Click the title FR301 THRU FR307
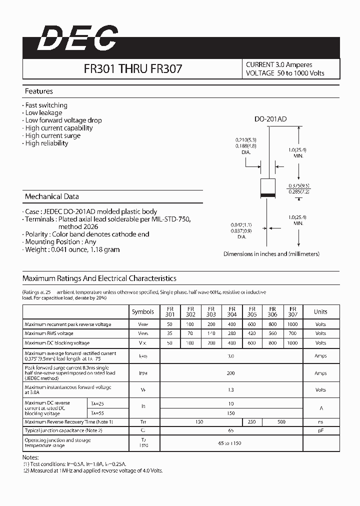133,69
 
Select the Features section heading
39,91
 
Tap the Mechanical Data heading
51,196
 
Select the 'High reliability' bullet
46,143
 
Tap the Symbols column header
143,312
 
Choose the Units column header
320,312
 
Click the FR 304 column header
232,312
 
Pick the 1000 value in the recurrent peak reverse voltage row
293,324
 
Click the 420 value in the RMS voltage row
251,333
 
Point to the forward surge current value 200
231,373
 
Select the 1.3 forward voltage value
231,390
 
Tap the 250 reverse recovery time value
251,422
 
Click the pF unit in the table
320,430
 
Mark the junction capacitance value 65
231,430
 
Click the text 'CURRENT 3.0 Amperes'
279,65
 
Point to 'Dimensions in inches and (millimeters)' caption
271,254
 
